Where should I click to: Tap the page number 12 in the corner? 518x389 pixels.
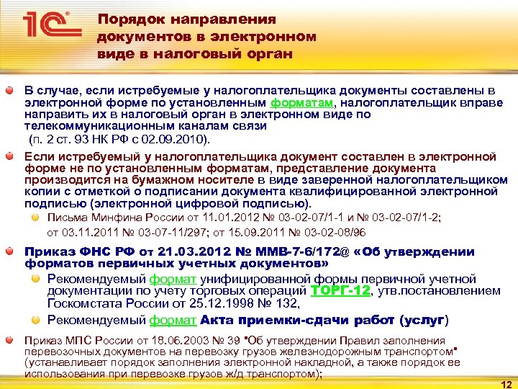click(x=505, y=383)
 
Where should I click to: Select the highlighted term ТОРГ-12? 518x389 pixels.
click(x=340, y=290)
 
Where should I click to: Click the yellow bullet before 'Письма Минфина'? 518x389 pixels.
click(x=37, y=218)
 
